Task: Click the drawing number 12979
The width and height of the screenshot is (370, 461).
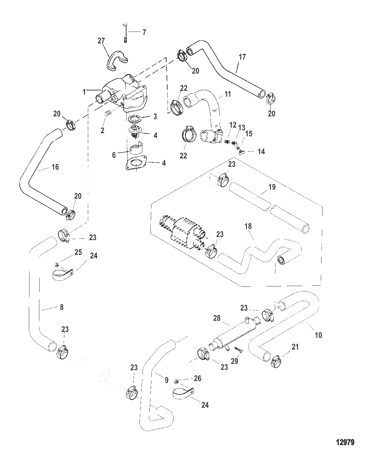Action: (344, 442)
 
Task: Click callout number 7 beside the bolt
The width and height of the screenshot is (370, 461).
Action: (144, 32)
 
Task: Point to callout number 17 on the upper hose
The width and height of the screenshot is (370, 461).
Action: (242, 57)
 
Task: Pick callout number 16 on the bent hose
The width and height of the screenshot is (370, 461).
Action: (55, 167)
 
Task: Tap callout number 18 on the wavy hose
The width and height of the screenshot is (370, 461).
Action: (248, 226)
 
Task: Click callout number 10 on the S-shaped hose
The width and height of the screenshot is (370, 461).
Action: (318, 335)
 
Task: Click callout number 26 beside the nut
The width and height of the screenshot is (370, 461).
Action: (197, 378)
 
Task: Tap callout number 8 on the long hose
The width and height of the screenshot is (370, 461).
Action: (61, 307)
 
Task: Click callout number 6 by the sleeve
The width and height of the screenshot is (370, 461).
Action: (114, 155)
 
